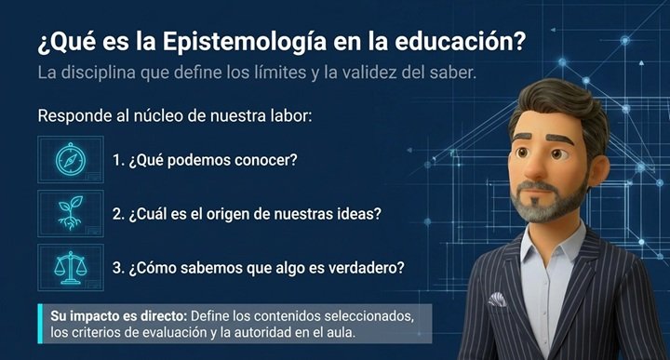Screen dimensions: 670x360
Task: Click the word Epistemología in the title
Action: point(245,43)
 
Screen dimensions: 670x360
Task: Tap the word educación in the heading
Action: point(460,42)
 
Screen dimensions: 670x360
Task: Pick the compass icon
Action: point(71,159)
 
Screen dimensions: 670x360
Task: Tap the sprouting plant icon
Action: point(71,213)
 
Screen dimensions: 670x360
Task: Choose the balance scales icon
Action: point(71,267)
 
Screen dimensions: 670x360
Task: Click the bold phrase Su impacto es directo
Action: point(119,316)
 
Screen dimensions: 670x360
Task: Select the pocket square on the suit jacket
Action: point(497,300)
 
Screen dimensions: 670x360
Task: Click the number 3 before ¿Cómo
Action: point(116,268)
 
